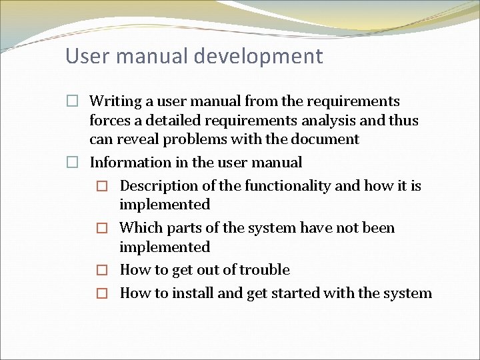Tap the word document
tap(327, 139)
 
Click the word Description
tap(159, 186)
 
